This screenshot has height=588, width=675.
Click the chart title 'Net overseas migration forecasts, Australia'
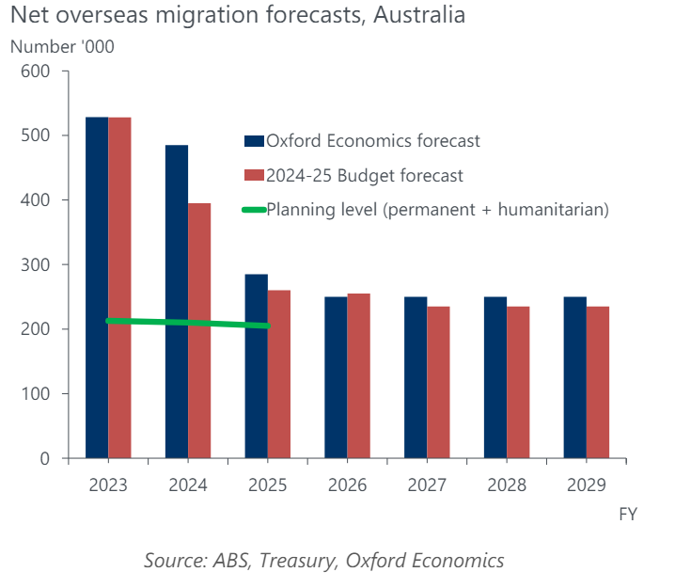click(x=238, y=16)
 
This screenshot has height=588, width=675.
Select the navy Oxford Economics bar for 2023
click(x=97, y=287)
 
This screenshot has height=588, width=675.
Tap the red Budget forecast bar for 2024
click(x=199, y=330)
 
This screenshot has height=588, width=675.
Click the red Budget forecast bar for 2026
click(x=359, y=375)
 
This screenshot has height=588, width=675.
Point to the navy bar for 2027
click(x=416, y=377)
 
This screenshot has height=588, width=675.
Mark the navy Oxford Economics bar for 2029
click(x=575, y=377)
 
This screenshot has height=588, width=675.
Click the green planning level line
click(x=188, y=323)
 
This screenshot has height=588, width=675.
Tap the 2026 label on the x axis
click(x=347, y=485)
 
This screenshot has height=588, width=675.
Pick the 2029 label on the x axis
click(x=587, y=485)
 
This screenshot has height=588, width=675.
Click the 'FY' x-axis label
click(x=628, y=515)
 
